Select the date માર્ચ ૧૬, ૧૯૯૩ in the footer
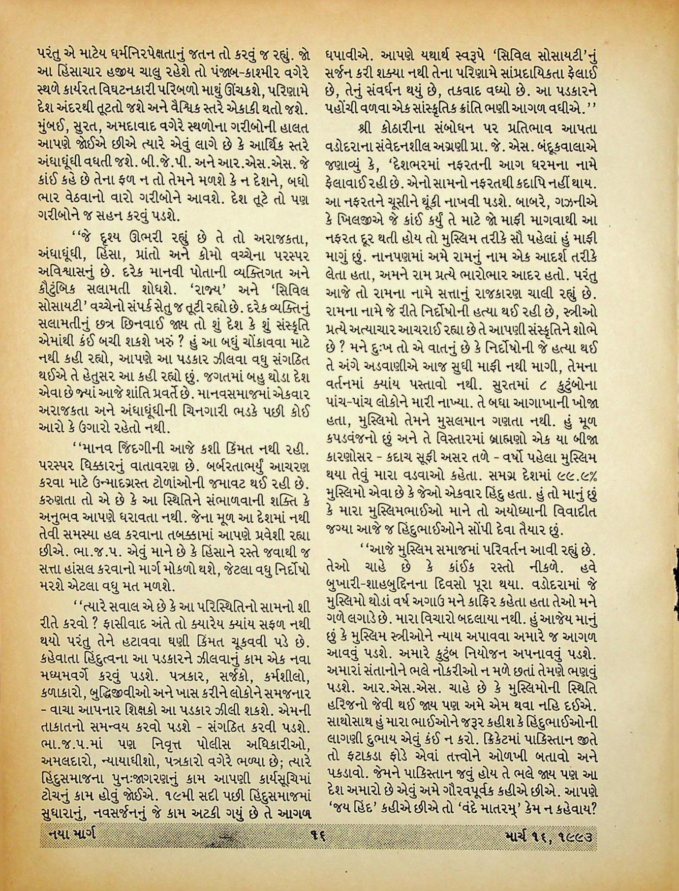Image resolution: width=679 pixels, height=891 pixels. pyautogui.click(x=549, y=835)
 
